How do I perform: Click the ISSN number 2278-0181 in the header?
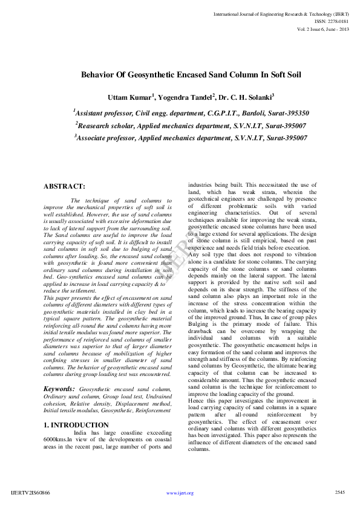click(x=336, y=20)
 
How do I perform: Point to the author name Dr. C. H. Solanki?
click(x=246, y=96)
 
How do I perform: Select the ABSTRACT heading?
click(x=65, y=186)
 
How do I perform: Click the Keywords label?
click(x=59, y=389)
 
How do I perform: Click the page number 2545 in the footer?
click(x=339, y=492)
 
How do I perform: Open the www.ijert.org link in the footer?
click(x=180, y=493)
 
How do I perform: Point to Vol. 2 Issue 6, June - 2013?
click(x=323, y=28)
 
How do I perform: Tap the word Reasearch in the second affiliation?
click(x=100, y=125)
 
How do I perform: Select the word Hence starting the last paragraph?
click(x=197, y=400)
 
